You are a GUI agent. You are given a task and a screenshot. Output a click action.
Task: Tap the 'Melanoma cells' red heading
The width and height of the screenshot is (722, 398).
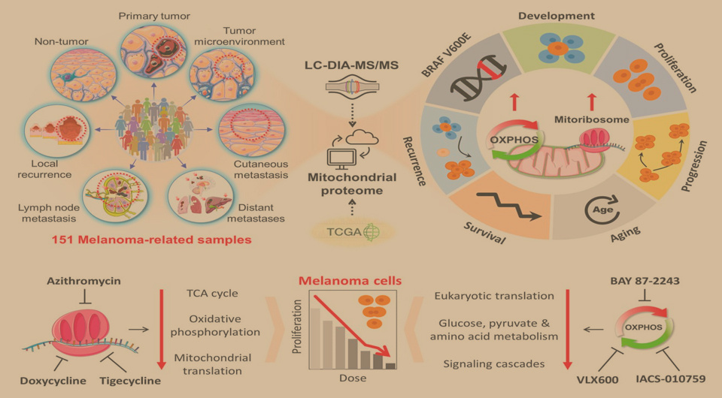click(350, 281)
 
